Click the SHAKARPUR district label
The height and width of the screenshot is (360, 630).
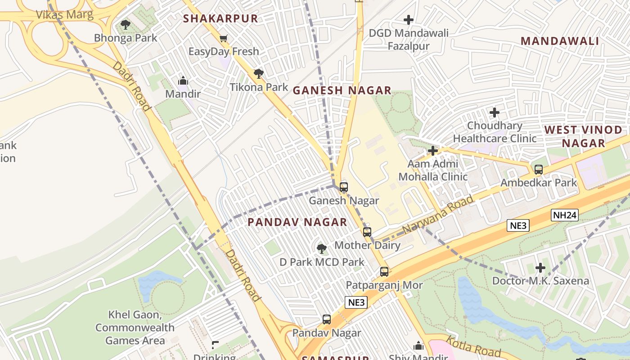220,18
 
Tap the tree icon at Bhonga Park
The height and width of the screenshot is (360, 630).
126,25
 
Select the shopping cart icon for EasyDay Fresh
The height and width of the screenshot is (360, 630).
223,39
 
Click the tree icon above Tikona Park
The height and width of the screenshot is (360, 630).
258,73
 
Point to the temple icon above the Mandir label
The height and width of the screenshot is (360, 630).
183,81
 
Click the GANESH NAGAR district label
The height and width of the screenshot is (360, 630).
342,90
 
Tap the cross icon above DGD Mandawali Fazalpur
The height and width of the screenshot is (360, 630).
408,20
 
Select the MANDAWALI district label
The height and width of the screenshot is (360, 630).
559,41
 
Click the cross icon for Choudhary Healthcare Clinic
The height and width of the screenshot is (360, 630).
495,112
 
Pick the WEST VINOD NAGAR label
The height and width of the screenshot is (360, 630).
583,136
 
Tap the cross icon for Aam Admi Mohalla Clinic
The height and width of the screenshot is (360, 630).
433,150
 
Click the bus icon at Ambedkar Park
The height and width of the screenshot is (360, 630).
538,170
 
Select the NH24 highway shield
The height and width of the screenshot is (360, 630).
564,215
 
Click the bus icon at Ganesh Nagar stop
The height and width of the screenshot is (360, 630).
344,187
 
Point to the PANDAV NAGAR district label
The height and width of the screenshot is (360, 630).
297,222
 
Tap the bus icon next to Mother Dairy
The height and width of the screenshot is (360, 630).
367,232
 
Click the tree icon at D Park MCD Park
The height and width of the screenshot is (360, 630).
321,248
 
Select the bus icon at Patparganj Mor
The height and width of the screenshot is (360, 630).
384,272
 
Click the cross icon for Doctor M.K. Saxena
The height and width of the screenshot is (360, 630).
540,268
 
